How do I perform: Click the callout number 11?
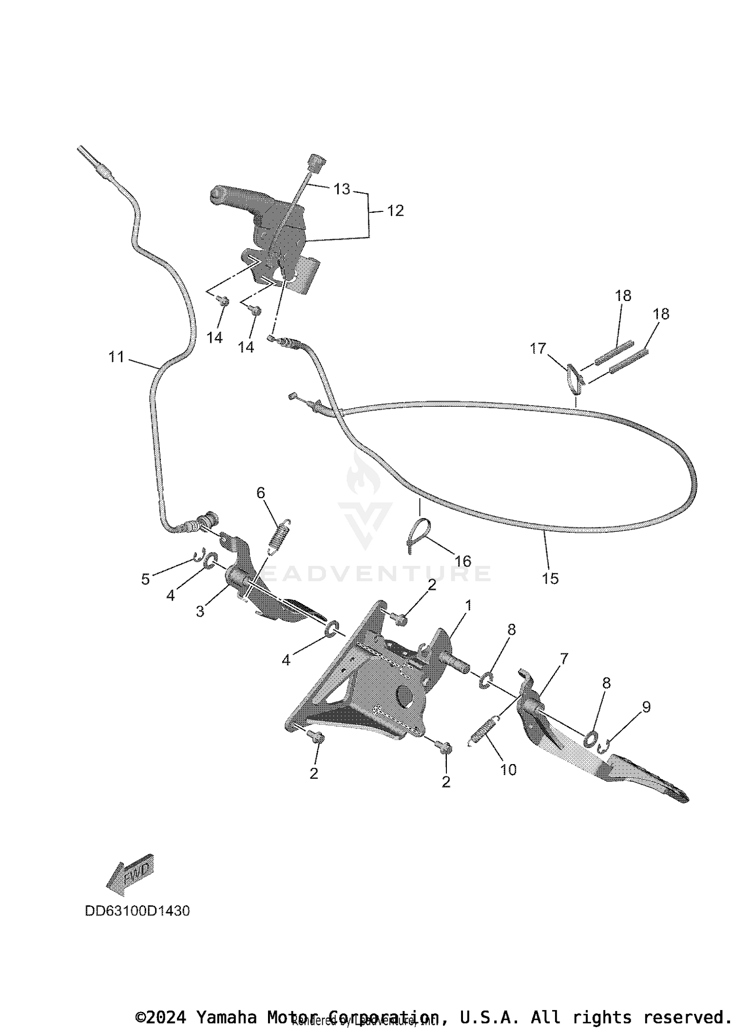(116, 357)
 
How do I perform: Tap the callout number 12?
(395, 211)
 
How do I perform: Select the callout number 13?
(342, 189)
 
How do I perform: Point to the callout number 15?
(550, 579)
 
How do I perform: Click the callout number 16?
(462, 562)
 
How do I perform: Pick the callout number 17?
(538, 349)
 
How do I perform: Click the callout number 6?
(261, 493)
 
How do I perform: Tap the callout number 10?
(508, 770)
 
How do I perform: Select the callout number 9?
(646, 707)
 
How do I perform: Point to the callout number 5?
(145, 580)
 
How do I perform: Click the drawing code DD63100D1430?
(137, 911)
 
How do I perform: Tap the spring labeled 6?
(279, 535)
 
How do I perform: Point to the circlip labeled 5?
(198, 555)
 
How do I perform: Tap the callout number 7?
(564, 659)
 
